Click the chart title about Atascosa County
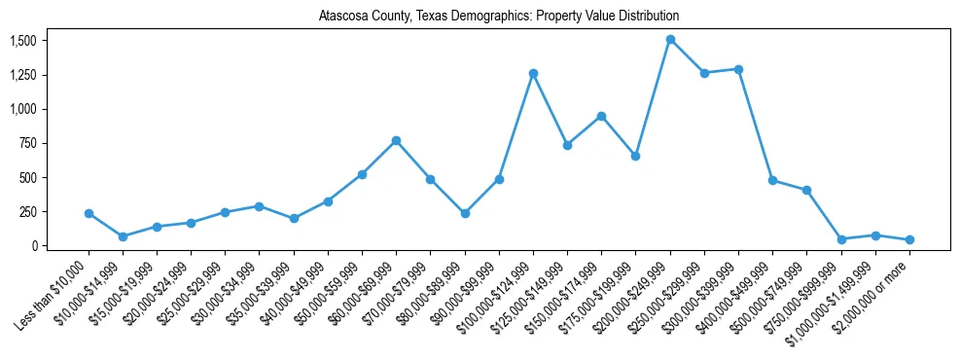[x=498, y=17]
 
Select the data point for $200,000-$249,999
[x=670, y=40]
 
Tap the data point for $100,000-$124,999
[x=533, y=73]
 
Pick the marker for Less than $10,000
[x=89, y=213]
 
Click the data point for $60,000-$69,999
[x=396, y=140]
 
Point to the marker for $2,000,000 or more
[x=909, y=239]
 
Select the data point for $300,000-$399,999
[x=738, y=69]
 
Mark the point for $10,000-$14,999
[x=123, y=236]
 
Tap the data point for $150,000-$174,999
[x=601, y=116]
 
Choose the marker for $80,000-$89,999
[x=465, y=213]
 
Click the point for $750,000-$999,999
[x=841, y=239]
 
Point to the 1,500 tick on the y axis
[x=23, y=41]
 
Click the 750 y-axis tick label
[x=27, y=143]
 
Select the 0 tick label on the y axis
[x=33, y=246]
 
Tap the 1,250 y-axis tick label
[x=23, y=75]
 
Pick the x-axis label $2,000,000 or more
[x=873, y=292]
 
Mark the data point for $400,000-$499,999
[x=772, y=180]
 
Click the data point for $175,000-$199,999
[x=635, y=156]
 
